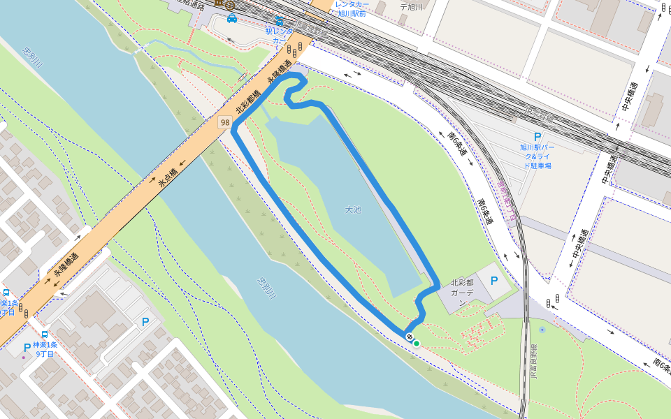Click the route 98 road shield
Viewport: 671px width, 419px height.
(224, 122)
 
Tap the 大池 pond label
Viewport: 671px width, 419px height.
(354, 209)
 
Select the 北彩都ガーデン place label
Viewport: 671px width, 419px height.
(462, 288)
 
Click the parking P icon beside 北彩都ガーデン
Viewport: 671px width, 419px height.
(495, 281)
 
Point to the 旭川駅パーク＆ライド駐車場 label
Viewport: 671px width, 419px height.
(537, 156)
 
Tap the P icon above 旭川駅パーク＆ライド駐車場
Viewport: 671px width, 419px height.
(537, 138)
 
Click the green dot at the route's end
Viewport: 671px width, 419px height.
(417, 343)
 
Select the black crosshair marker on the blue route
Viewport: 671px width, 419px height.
(409, 337)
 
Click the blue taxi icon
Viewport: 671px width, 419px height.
(232, 18)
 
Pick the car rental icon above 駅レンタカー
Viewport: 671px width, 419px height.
(280, 21)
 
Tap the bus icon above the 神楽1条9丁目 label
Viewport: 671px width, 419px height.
(45, 335)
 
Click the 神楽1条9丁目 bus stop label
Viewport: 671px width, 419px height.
(43, 349)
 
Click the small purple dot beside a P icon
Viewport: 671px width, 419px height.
(23, 357)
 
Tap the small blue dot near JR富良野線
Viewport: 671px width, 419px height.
(542, 329)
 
